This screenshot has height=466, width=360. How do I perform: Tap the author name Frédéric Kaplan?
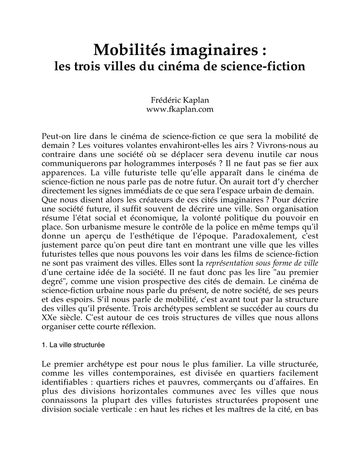pyautogui.click(x=180, y=100)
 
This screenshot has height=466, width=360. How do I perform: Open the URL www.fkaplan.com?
pyautogui.click(x=180, y=109)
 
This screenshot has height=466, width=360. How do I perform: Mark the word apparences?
pyautogui.click(x=63, y=173)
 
